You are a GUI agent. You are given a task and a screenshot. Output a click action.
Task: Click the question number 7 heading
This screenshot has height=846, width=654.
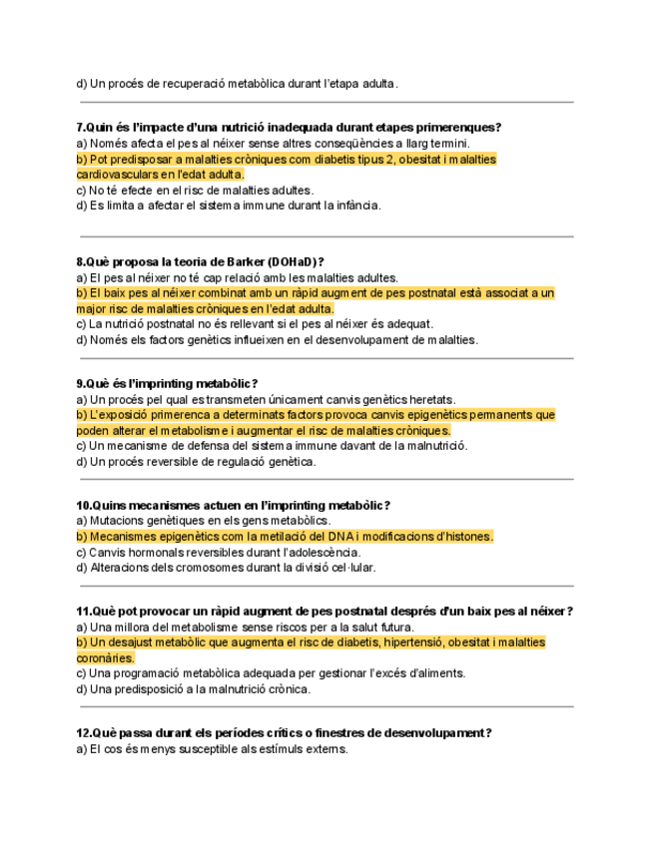(289, 127)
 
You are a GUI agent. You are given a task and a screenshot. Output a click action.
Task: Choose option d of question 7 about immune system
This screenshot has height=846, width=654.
(228, 206)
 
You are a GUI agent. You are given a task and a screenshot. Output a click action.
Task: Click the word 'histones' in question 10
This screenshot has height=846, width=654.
(466, 537)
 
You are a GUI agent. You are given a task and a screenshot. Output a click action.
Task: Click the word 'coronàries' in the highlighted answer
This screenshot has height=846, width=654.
(105, 658)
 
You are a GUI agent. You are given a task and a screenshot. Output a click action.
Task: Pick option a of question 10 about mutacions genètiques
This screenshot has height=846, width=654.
(203, 521)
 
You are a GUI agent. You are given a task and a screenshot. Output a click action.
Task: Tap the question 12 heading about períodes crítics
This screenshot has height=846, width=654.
(284, 733)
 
